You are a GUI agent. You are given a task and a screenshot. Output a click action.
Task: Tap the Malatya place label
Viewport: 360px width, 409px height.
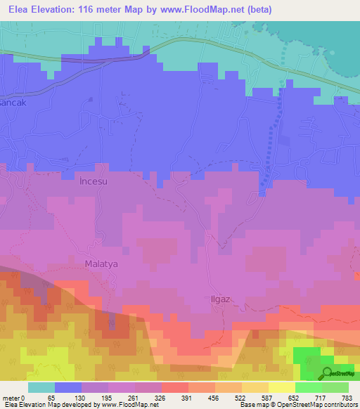tap(99, 264)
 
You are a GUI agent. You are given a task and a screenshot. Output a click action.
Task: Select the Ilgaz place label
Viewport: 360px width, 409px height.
tap(220, 298)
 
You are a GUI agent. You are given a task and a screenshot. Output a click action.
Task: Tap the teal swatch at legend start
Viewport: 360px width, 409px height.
tap(41, 387)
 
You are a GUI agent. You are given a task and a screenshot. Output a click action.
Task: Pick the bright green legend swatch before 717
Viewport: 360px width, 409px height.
tap(308, 387)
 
